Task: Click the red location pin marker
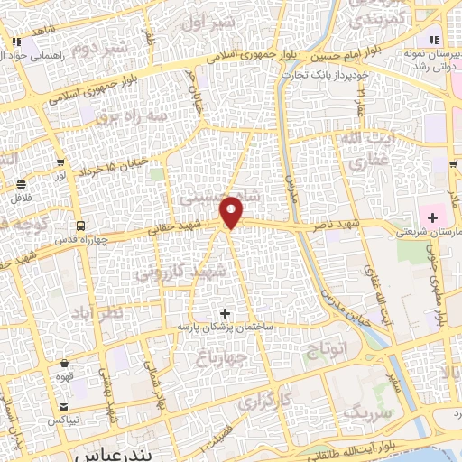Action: tap(233, 212)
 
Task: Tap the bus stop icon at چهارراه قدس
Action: tap(81, 226)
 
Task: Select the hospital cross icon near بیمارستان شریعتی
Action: tap(431, 217)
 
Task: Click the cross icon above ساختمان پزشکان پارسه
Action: tap(226, 312)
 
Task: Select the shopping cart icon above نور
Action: tap(60, 163)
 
